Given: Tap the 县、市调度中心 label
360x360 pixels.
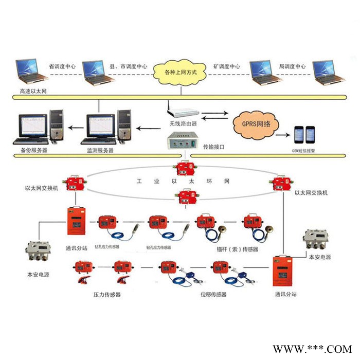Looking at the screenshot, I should (129, 67).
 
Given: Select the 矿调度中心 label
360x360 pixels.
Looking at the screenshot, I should (227, 67).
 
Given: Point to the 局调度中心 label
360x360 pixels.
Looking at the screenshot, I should (293, 67).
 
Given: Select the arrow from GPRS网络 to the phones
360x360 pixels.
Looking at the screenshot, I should (282, 135).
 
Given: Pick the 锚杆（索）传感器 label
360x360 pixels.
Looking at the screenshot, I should (237, 249).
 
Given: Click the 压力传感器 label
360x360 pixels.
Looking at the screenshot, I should (107, 295).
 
